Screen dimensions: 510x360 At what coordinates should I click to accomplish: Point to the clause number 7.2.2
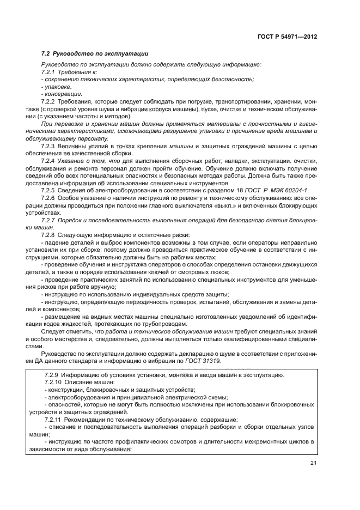(x=48, y=101)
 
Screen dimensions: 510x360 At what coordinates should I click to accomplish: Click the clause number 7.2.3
(x=48, y=147)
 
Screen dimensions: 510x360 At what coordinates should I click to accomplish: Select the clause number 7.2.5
(x=48, y=190)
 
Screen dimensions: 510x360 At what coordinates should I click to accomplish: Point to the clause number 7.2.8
(x=48, y=234)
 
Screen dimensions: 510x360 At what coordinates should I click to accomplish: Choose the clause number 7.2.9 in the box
(x=51, y=375)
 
